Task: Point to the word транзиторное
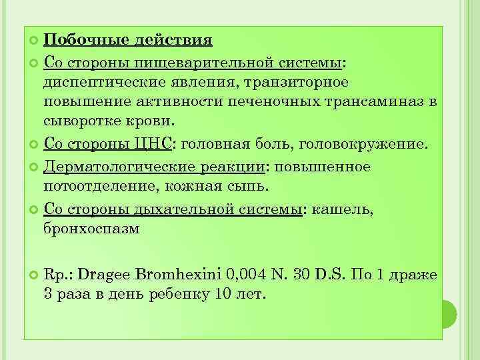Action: pos(297,83)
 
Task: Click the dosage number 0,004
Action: pos(248,273)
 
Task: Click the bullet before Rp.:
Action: pos(34,274)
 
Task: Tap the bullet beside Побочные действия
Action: pos(34,41)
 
